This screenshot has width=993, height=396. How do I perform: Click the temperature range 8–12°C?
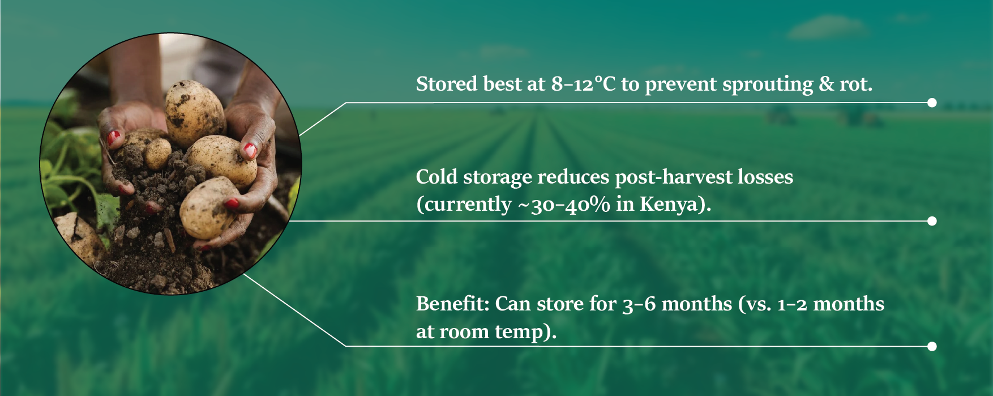tap(583, 84)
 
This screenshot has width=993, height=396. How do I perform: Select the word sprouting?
tap(768, 85)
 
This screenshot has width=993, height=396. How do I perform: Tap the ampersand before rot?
tap(827, 84)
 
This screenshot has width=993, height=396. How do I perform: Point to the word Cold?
tap(436, 177)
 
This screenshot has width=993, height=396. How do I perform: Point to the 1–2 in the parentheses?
tap(792, 304)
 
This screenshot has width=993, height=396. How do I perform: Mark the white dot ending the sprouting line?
tap(932, 103)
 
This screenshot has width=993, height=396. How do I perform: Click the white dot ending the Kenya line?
tap(932, 221)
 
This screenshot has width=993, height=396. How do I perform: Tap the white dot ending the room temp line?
tap(932, 346)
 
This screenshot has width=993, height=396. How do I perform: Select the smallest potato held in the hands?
tap(157, 153)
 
